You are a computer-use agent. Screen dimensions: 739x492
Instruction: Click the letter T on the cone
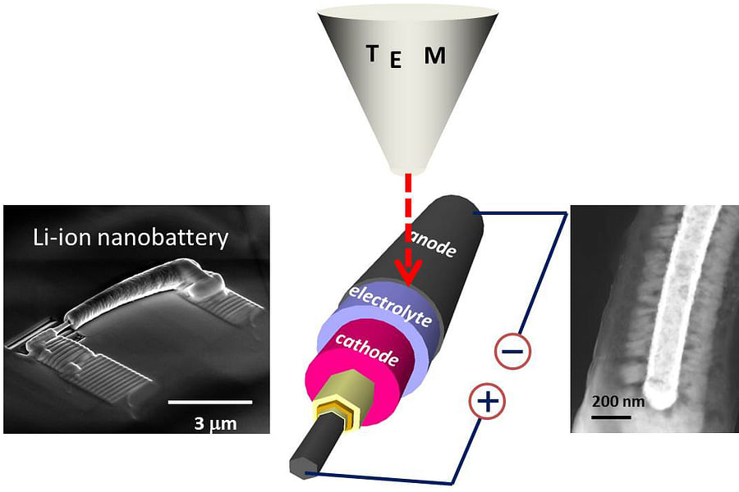373,54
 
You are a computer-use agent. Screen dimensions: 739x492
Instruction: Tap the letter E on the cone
396,61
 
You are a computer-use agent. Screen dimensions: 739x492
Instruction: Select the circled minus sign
512,352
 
